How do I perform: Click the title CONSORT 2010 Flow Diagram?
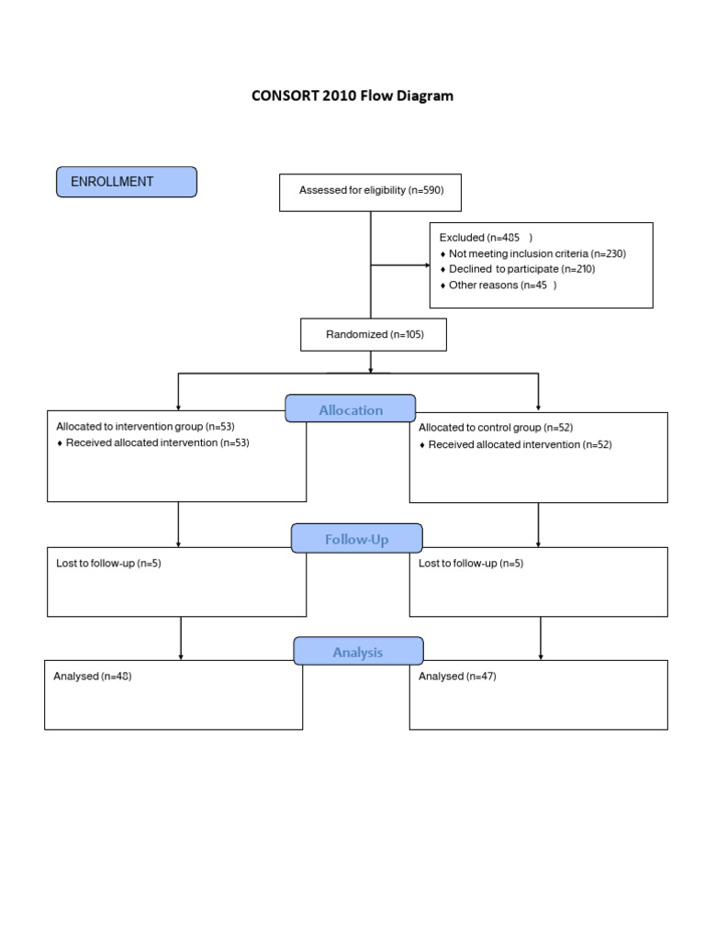(x=352, y=95)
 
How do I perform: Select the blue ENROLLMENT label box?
(x=127, y=182)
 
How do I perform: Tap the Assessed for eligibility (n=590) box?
(x=370, y=191)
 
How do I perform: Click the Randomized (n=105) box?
(x=374, y=334)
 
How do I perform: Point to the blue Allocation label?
(x=351, y=409)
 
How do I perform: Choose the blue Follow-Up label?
(x=356, y=539)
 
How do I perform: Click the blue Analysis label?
(x=358, y=652)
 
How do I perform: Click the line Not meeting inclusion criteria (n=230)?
(x=537, y=253)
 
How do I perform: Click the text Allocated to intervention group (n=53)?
(x=146, y=426)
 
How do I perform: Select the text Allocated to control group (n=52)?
(x=496, y=428)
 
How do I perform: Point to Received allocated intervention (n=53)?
(x=157, y=442)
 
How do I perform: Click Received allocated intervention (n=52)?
(x=520, y=444)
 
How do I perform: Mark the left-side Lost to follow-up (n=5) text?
(x=108, y=563)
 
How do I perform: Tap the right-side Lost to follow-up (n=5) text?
(x=471, y=563)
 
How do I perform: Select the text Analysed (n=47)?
(x=457, y=676)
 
